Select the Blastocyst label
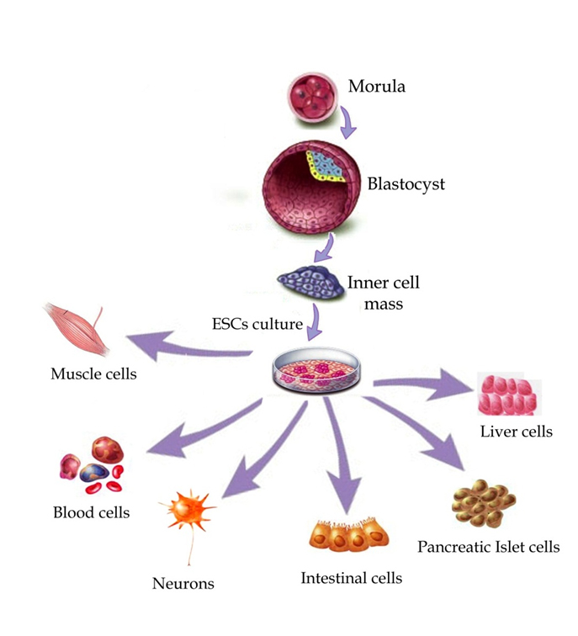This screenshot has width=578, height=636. [x=406, y=183]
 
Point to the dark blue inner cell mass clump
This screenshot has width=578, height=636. [x=310, y=284]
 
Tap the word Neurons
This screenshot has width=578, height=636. [x=183, y=583]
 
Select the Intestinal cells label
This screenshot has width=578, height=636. [x=352, y=578]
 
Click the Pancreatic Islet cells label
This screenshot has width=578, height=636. [x=489, y=548]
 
